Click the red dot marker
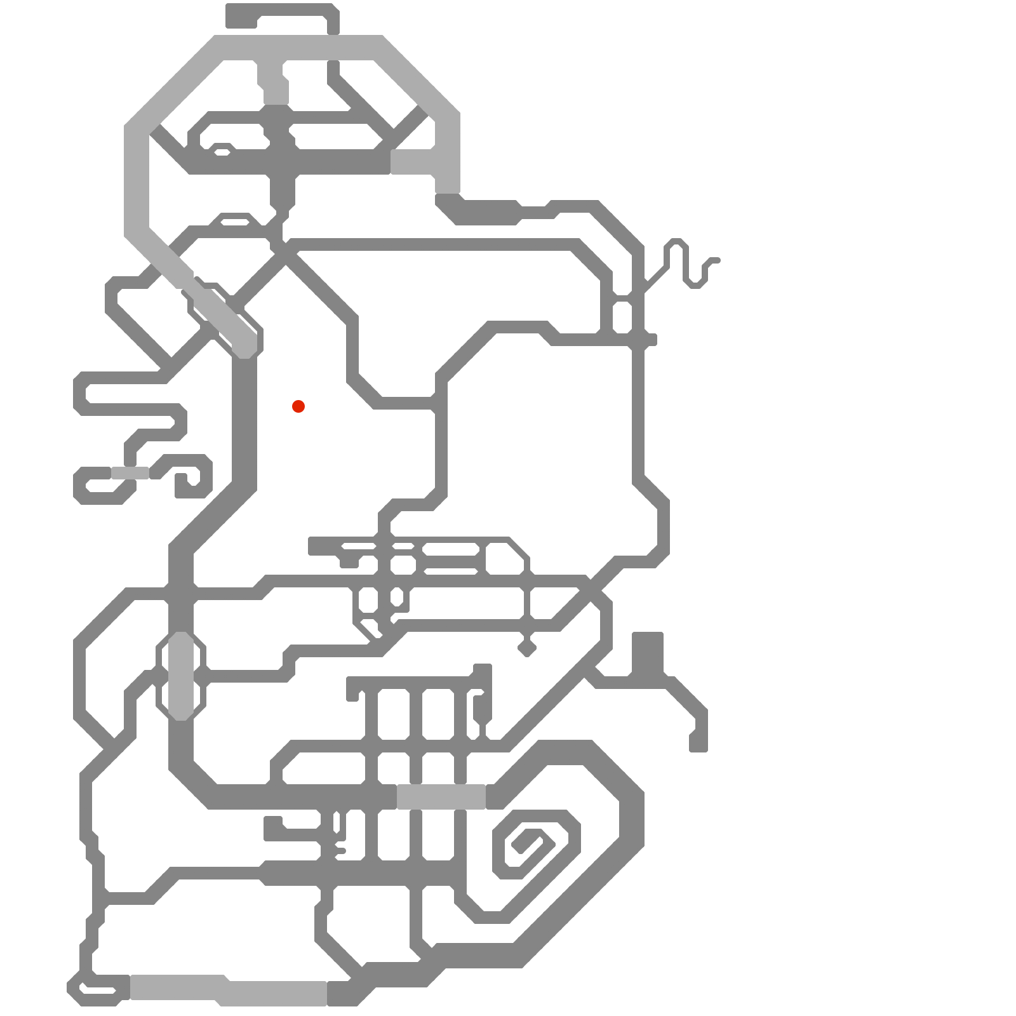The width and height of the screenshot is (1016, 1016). (x=298, y=406)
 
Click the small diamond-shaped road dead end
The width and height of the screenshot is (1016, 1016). (x=527, y=648)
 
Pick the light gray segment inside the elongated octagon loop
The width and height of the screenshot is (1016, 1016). (x=181, y=676)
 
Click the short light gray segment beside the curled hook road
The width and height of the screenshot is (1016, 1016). (x=130, y=473)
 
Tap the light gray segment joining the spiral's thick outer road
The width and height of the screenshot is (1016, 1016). (x=441, y=797)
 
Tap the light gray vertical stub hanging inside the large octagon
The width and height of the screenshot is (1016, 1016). (x=275, y=83)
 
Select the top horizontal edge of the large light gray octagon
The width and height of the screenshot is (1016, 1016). (x=298, y=48)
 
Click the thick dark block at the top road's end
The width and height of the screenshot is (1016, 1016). (x=241, y=16)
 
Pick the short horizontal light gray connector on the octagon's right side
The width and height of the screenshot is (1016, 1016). (x=413, y=162)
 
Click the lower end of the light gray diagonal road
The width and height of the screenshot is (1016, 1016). (x=244, y=346)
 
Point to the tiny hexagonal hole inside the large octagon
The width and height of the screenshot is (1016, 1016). (x=222, y=152)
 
